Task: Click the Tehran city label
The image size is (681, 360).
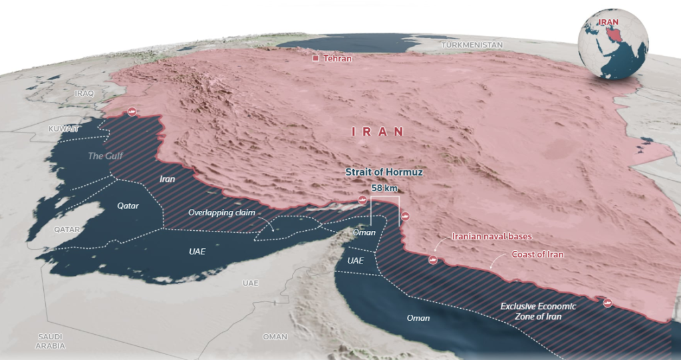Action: tap(338, 59)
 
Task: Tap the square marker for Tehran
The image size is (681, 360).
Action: tap(317, 59)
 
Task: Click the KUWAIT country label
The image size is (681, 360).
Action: tap(64, 128)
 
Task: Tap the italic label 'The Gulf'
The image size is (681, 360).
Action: tap(106, 156)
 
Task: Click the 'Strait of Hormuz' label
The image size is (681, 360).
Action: tap(384, 172)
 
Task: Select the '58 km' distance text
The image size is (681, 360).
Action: tap(384, 188)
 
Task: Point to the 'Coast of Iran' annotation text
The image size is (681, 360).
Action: tap(537, 254)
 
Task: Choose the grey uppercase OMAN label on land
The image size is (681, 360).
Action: tap(275, 337)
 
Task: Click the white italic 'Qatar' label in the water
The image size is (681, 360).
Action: tap(128, 206)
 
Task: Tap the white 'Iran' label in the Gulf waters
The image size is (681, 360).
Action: tap(168, 179)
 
